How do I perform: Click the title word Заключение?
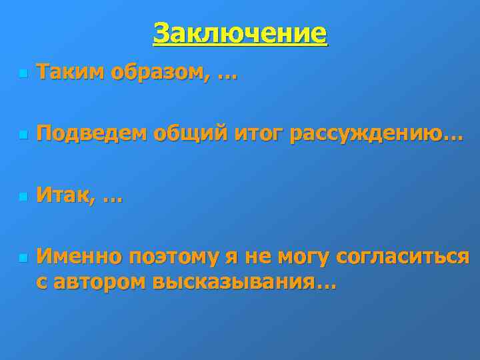pos(240,33)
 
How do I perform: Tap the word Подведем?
pos(91,133)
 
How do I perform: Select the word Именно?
pos(79,256)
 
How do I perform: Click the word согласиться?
pos(403,256)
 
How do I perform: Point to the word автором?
pos(99,282)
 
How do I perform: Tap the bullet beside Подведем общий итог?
pos(22,135)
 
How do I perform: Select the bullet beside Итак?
pos(22,197)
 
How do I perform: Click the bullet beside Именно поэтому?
pos(22,257)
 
